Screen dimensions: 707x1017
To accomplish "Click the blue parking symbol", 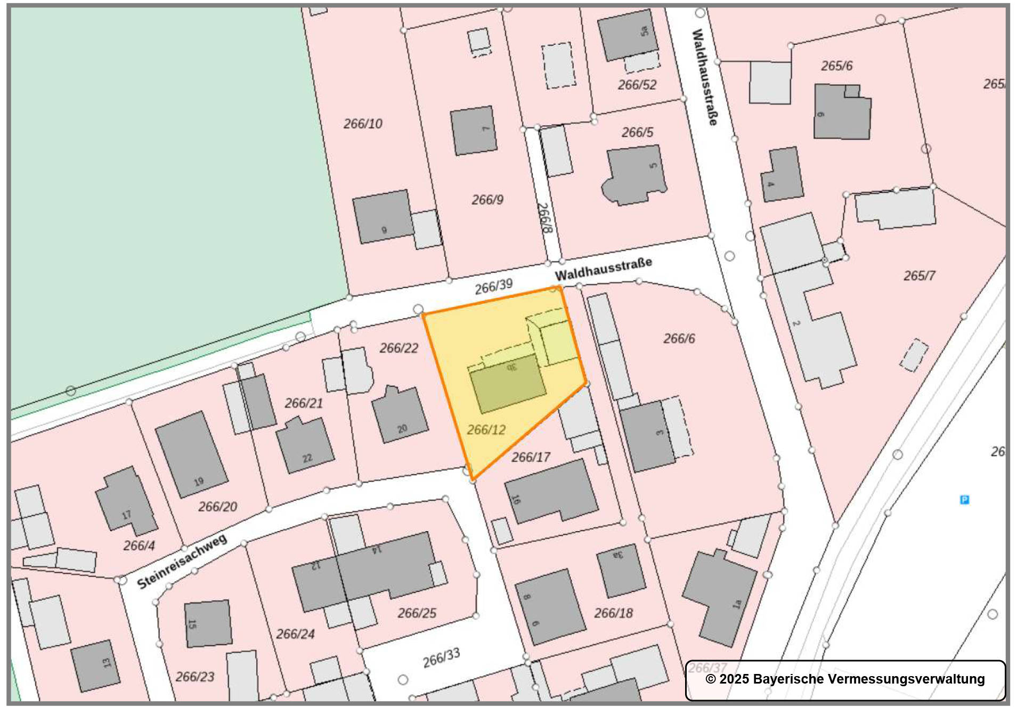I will tap(964, 499).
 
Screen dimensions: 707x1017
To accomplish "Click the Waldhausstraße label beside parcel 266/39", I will tap(603, 269).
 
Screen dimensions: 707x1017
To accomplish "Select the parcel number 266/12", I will tap(486, 429).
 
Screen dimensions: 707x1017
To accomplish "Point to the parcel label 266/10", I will tap(363, 124).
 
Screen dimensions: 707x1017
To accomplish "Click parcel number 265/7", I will tap(919, 275).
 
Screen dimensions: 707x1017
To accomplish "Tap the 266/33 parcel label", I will tap(441, 657).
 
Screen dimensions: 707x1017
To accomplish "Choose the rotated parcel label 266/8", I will tap(544, 217).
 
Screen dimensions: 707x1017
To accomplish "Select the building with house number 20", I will tap(400, 416).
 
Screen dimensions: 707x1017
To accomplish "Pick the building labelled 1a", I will tap(719, 597).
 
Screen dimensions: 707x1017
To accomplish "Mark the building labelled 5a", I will tap(627, 35).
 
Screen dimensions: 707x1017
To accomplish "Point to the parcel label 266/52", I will tap(637, 85).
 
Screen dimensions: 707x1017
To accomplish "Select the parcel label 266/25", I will tap(417, 613).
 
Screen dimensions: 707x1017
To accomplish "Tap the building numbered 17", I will tap(126, 501).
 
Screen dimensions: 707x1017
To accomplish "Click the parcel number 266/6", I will tap(679, 338).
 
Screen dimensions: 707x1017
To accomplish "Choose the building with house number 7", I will tap(473, 131).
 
